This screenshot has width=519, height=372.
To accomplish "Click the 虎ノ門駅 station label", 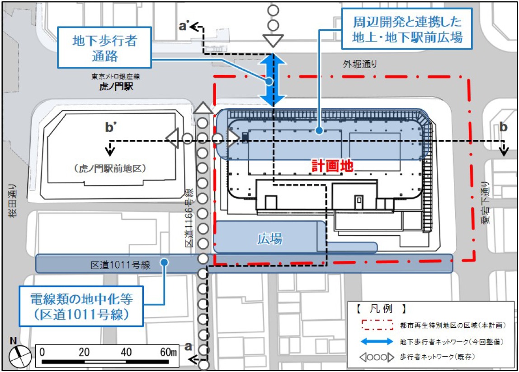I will point(116,87).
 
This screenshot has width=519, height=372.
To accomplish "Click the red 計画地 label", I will point(333,166).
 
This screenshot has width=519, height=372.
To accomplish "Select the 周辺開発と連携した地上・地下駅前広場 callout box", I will point(407,30).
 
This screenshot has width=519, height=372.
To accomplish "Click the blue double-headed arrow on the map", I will point(273,78).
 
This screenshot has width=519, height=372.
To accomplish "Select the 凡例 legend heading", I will point(380,311).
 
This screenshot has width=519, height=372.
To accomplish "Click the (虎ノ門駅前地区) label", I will point(110,168).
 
